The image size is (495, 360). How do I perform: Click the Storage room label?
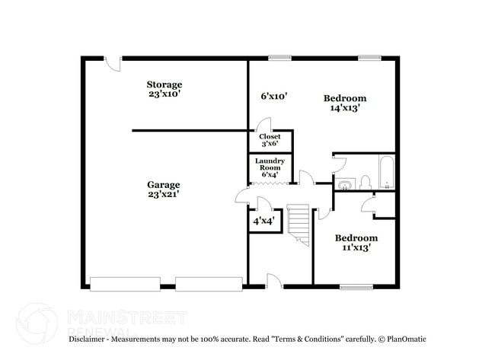tap(164, 89)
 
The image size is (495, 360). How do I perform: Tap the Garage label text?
tap(164, 190)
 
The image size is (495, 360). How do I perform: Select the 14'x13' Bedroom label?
tap(344, 103)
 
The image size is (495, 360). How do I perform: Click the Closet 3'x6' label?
tap(270, 140)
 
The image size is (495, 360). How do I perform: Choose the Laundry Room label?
tap(270, 167)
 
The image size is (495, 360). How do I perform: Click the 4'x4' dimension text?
tap(264, 221)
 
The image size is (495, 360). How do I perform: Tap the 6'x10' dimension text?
tap(273, 97)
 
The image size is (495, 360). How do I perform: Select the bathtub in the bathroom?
tap(385, 173)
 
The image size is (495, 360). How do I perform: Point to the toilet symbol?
tap(365, 182)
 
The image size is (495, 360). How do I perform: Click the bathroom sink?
tap(345, 183)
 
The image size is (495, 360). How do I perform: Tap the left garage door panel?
tap(125, 284)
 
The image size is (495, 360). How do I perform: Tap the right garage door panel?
tap(209, 284)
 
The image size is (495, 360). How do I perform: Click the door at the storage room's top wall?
tap(113, 64)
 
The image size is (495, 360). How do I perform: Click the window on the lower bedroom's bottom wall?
tap(356, 287)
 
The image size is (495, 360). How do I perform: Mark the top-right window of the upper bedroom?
tap(369, 57)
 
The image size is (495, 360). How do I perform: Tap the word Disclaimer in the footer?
tap(90, 339)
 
